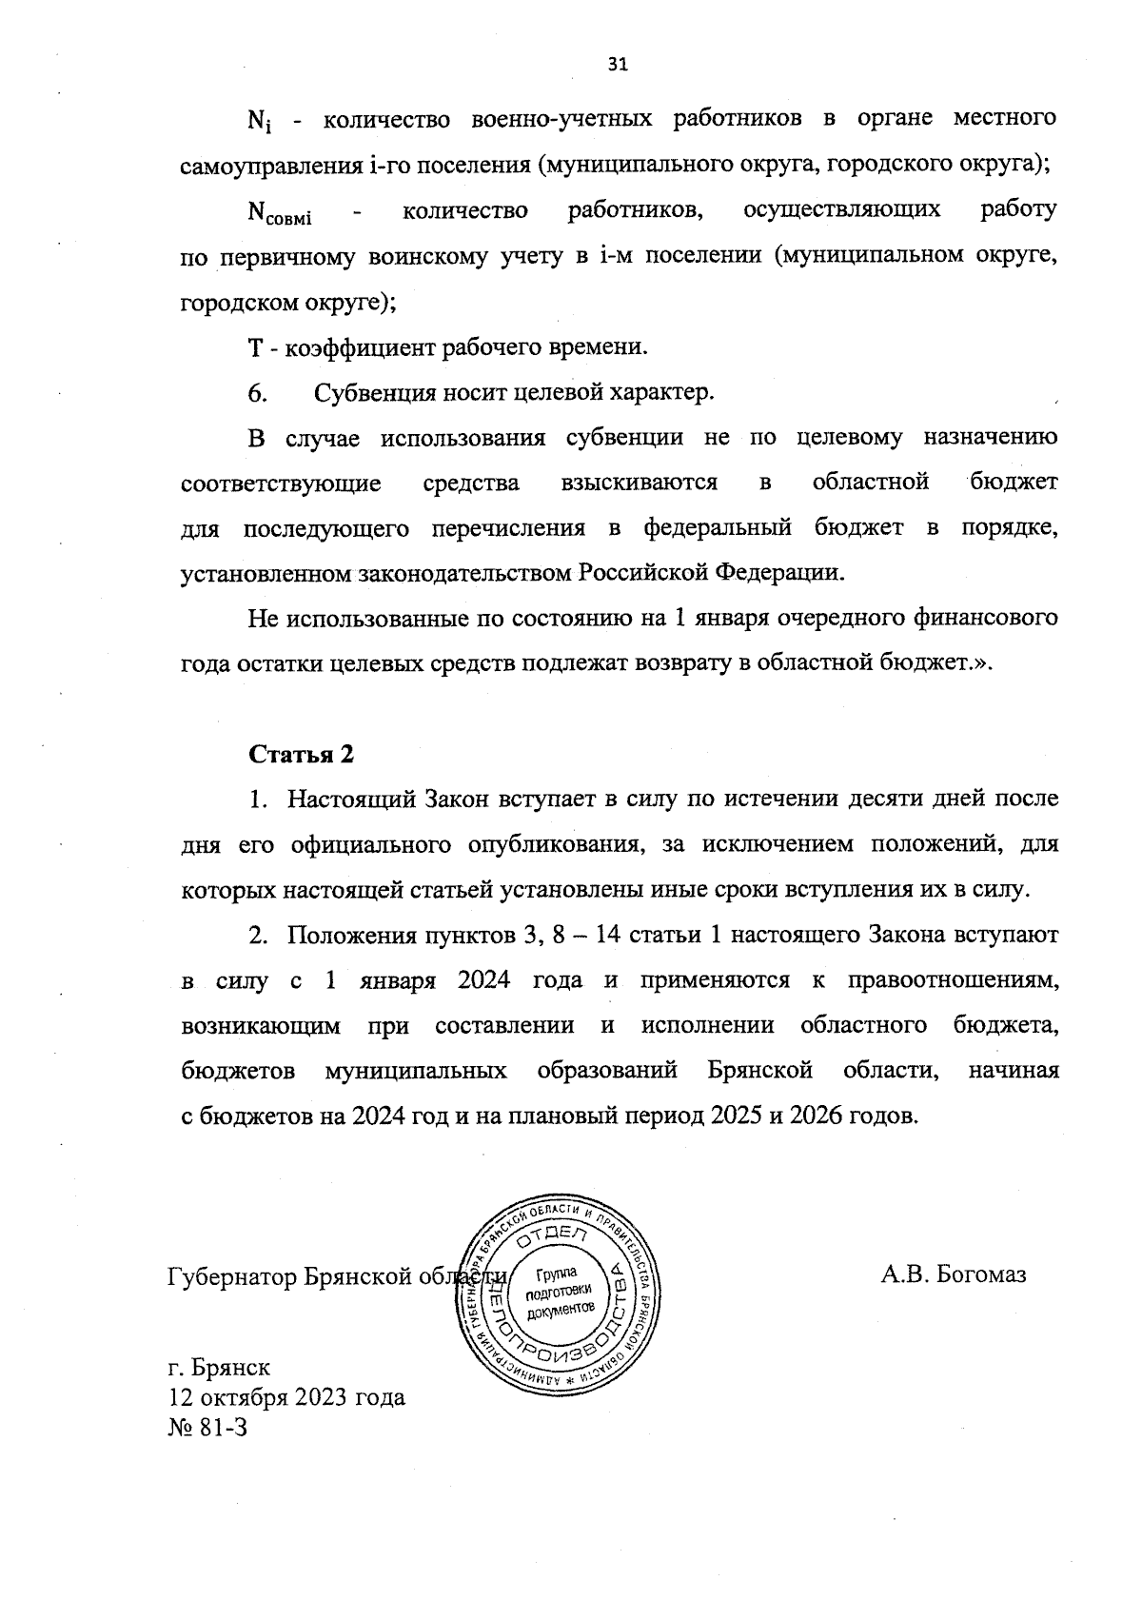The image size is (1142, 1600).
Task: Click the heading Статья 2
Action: tap(301, 754)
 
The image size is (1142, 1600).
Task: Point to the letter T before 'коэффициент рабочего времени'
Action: tap(254, 347)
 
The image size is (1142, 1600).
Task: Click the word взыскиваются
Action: tap(640, 483)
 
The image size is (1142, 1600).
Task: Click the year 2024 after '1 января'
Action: tap(484, 980)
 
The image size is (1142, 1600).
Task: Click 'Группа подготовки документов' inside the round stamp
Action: tap(559, 1292)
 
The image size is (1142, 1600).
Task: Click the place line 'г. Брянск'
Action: tap(219, 1368)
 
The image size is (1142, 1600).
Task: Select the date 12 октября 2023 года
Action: tap(286, 1397)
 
